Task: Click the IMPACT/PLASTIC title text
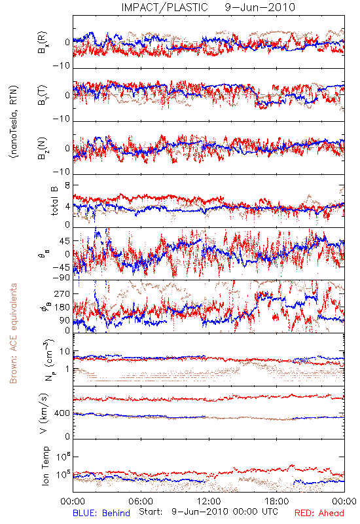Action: pos(165,7)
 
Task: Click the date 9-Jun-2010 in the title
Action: pos(260,7)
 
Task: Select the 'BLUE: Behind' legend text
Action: pos(101,513)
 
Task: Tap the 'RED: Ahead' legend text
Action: pos(319,513)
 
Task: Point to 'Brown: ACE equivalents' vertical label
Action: pos(13,333)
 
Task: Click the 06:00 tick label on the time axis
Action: pos(141,501)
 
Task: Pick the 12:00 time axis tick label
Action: pos(209,501)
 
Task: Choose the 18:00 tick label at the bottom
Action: pos(276,501)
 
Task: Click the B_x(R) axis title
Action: pos(43,43)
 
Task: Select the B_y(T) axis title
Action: pos(43,95)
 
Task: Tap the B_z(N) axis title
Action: pos(43,148)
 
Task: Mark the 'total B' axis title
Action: pos(54,201)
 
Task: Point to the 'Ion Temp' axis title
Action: pos(45,466)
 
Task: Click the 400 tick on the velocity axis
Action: pos(62,413)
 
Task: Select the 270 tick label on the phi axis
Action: pos(62,293)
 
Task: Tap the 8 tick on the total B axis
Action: pos(67,185)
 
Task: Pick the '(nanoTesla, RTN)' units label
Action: pos(14,122)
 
